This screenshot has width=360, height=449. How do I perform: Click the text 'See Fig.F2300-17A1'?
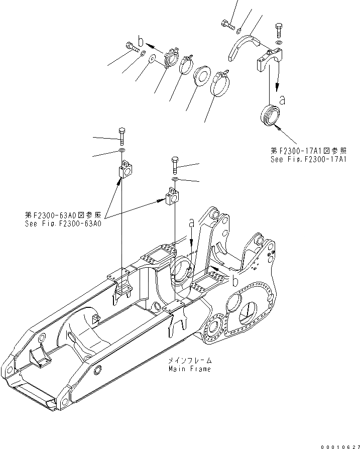[x=308, y=159]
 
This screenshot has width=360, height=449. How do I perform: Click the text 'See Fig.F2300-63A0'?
[x=63, y=224]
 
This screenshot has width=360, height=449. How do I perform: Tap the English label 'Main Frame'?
[x=190, y=369]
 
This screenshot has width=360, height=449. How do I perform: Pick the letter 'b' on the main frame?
[x=234, y=277]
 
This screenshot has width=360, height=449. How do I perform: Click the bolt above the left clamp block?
[x=122, y=135]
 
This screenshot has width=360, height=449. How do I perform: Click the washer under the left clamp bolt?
[x=122, y=150]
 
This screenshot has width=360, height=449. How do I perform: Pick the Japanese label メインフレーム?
[x=191, y=361]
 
